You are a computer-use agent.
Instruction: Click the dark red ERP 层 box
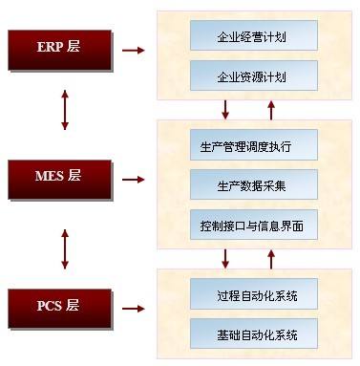60,50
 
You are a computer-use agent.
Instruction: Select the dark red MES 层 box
60,180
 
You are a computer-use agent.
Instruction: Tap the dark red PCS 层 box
60,309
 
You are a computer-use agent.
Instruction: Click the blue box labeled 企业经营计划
254,35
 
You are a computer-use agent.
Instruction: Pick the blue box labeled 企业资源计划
254,75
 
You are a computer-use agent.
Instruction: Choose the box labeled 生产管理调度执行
254,144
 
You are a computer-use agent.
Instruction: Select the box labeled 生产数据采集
254,184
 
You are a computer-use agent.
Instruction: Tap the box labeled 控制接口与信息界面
254,225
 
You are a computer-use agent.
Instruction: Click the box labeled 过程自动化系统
254,293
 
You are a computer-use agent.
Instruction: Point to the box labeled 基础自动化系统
254,334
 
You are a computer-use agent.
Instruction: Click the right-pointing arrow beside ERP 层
134,50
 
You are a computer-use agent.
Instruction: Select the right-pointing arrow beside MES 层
134,180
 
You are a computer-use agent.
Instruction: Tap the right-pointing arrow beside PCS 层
134,309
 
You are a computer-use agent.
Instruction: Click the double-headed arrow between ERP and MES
65,110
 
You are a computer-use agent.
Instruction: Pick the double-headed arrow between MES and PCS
65,249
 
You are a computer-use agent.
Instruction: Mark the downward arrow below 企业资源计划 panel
225,110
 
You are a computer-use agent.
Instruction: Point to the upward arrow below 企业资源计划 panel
271,110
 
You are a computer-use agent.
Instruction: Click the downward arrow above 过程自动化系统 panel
225,259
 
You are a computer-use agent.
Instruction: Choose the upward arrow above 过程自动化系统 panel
271,259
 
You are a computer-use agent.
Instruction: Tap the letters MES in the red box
50,176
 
